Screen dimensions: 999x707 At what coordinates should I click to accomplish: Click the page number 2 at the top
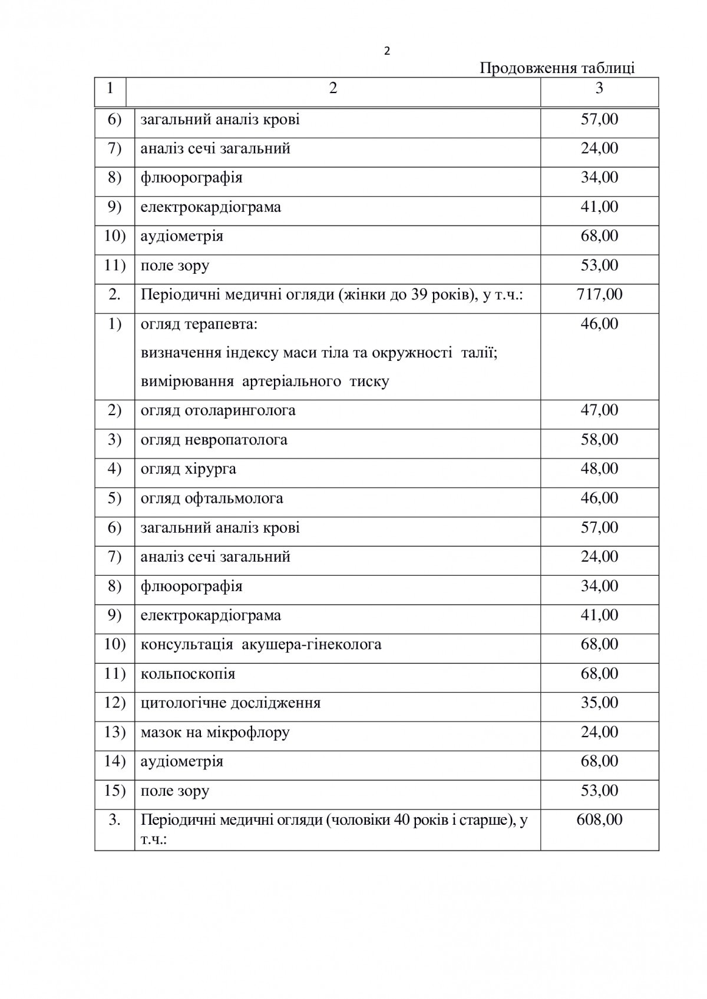coord(386,51)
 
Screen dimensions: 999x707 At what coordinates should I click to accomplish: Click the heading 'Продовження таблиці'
coord(557,68)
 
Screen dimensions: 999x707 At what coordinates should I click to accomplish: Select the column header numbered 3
coord(599,88)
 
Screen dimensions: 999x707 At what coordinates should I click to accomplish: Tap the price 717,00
coord(599,294)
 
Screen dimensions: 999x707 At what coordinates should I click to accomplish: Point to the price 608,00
coord(599,819)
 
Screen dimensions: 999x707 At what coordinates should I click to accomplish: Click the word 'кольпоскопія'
coord(188,674)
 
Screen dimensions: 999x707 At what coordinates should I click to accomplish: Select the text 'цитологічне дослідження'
coord(230,703)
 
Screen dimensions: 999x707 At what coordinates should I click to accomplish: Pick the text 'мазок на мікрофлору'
coord(215,732)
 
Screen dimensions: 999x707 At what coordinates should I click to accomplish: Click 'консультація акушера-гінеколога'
coord(261,645)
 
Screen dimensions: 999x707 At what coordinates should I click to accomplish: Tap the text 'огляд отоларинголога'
coord(218,410)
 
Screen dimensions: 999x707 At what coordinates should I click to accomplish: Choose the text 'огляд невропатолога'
coord(214,440)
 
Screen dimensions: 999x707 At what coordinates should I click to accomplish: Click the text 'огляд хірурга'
coord(189,469)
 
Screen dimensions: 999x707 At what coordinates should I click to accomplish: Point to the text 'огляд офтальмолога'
coord(212,499)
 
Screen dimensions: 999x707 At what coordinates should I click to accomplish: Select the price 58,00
coord(599,440)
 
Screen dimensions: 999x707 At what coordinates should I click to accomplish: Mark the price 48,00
coord(599,469)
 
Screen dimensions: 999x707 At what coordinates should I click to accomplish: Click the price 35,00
coord(599,703)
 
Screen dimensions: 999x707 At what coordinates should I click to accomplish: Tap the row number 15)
coord(115,791)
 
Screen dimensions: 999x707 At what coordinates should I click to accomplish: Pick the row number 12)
coord(115,703)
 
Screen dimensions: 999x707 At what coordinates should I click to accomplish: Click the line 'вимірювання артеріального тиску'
coord(265,381)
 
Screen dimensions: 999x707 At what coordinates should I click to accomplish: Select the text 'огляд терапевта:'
coord(199,324)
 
